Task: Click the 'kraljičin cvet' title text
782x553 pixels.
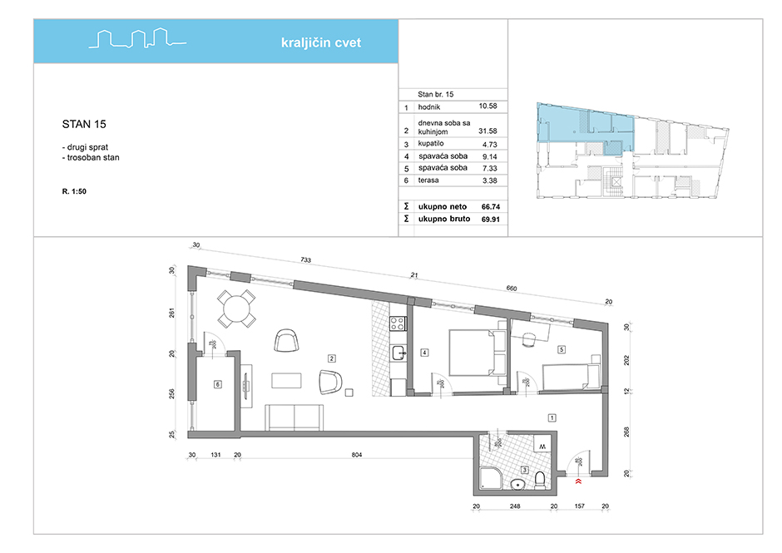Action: point(320,43)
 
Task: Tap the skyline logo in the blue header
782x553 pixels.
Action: point(137,38)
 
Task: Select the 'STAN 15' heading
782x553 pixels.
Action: point(84,124)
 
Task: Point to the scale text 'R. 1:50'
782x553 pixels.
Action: point(74,191)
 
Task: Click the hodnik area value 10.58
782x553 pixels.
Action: point(488,106)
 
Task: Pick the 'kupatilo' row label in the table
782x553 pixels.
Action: point(431,144)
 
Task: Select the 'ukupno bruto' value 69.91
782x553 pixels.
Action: point(491,219)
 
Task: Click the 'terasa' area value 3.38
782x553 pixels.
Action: point(490,180)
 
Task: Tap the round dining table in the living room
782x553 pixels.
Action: point(236,309)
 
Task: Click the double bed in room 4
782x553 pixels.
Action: point(478,353)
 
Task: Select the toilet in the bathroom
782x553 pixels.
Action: point(539,479)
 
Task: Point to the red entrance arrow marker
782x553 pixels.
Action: point(578,481)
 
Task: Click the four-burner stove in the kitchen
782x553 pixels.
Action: point(398,323)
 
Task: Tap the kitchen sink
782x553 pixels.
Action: point(398,353)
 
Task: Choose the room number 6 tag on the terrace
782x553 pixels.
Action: point(217,384)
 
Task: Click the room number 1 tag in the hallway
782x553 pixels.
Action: point(552,417)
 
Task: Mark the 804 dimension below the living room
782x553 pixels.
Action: point(357,455)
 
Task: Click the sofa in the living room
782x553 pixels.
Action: point(294,417)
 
